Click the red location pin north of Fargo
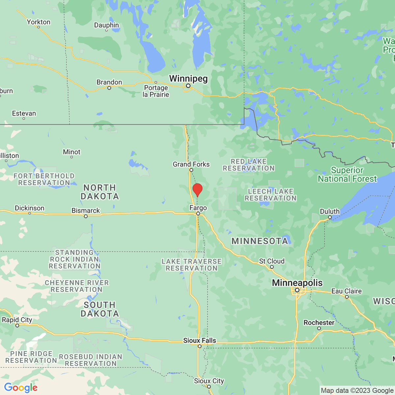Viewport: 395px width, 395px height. coord(197,190)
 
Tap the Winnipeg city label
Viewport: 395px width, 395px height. coord(188,79)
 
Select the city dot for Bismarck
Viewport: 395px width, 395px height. coord(86,216)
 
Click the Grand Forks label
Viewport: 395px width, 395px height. coord(191,164)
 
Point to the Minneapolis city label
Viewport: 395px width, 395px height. coord(297,283)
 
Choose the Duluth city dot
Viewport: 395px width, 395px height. coord(330,217)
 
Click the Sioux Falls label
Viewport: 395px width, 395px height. coord(199,340)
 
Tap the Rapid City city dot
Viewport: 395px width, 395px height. coord(17,326)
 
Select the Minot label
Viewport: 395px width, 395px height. coord(71,152)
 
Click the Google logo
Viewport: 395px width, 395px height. coord(21,387)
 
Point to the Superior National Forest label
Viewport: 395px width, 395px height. coord(347,174)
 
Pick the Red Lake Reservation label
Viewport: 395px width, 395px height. coord(249,165)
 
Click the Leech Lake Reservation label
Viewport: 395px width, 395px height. coord(271,195)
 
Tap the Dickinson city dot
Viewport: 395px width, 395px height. coord(29,213)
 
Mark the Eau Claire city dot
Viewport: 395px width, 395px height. coord(347,297)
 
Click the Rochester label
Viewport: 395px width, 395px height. coord(319,323)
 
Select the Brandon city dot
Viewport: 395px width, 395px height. coord(109,88)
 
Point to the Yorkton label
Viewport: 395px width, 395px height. coord(39,22)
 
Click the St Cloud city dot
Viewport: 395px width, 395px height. coord(272,267)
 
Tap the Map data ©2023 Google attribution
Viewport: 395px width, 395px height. coord(357,391)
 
